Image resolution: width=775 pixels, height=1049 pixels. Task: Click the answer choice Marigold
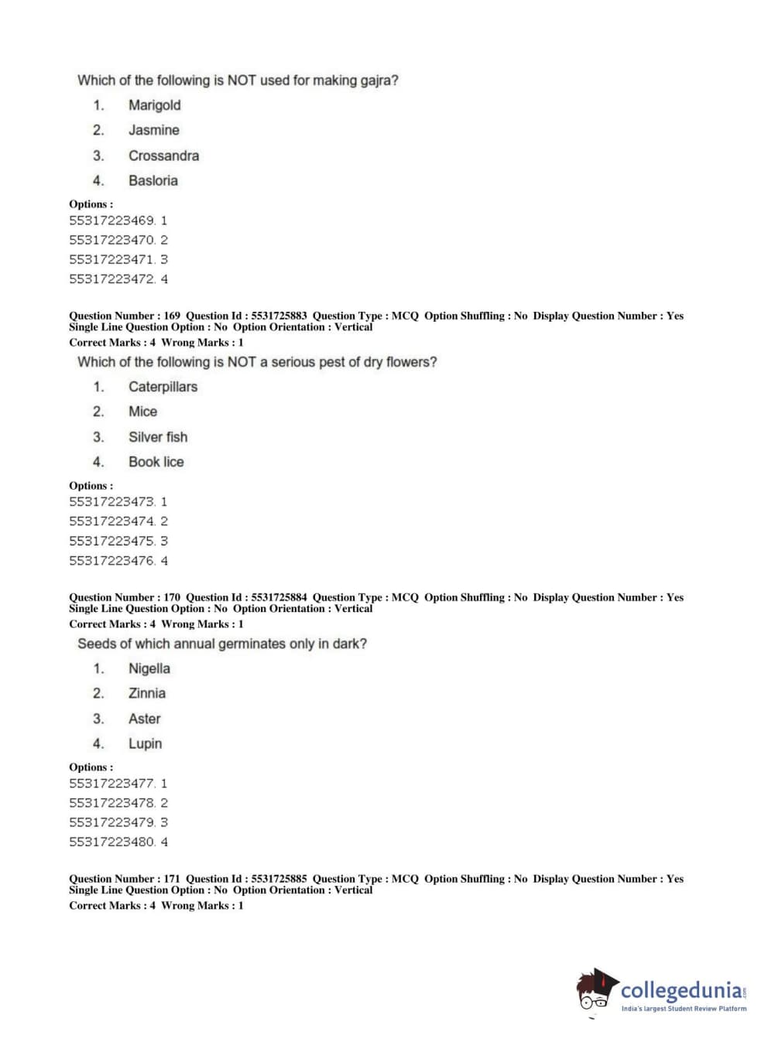(154, 105)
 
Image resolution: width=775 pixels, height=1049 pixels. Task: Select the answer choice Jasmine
(153, 130)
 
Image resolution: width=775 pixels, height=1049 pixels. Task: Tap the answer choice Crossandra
(163, 155)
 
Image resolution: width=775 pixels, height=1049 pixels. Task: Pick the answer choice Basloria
(153, 180)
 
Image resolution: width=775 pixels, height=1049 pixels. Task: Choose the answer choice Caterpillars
(163, 387)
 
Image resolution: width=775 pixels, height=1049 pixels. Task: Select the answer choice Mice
(142, 412)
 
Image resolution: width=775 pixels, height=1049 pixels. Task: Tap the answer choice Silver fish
(158, 437)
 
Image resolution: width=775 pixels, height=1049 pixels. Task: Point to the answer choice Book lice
(156, 462)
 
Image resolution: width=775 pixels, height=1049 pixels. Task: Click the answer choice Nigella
(149, 668)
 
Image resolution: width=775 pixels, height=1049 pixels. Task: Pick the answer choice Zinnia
(146, 693)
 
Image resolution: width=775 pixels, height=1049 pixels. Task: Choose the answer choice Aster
(144, 719)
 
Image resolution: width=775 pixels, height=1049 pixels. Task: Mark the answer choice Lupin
(145, 743)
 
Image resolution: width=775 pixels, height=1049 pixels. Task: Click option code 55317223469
(112, 220)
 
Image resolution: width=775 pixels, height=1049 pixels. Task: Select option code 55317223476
(112, 561)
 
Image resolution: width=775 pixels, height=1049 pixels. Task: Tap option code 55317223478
(112, 803)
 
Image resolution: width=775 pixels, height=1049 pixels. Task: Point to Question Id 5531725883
(279, 316)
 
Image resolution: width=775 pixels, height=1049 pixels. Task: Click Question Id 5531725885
(279, 879)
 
